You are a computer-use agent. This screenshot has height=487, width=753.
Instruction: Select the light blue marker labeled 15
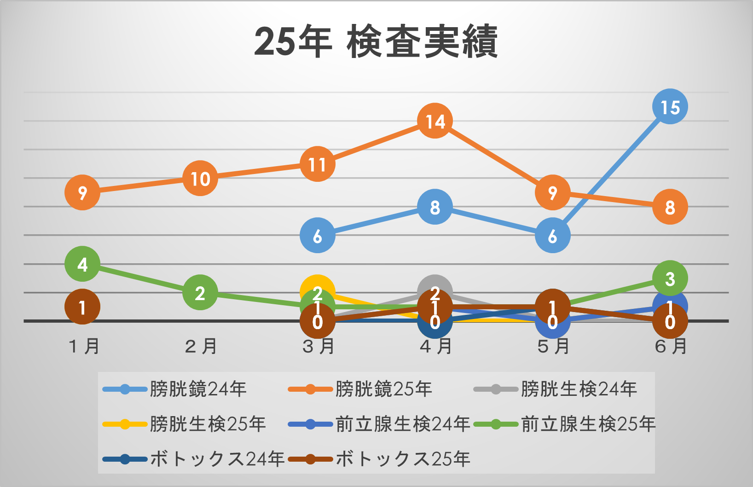click(670, 107)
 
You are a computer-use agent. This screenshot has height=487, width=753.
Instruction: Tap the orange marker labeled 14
click(434, 121)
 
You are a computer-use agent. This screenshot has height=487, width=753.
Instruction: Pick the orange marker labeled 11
click(317, 164)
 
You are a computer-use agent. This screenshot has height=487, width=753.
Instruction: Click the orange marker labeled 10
click(200, 178)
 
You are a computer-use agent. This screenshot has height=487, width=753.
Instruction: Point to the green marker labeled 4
click(82, 264)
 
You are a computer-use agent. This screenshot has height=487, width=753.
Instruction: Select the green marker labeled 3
click(670, 278)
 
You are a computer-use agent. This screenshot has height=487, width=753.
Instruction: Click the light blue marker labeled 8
click(434, 207)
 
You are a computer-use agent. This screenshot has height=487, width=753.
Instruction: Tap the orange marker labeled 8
click(670, 207)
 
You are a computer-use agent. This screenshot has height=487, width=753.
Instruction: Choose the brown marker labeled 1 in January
click(82, 307)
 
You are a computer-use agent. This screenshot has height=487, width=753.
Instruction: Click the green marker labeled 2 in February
click(200, 293)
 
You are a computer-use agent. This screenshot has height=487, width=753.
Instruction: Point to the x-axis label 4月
click(435, 346)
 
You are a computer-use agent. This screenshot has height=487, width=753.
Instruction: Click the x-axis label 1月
click(83, 346)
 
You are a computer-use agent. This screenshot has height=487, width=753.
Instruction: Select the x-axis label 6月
click(671, 346)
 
